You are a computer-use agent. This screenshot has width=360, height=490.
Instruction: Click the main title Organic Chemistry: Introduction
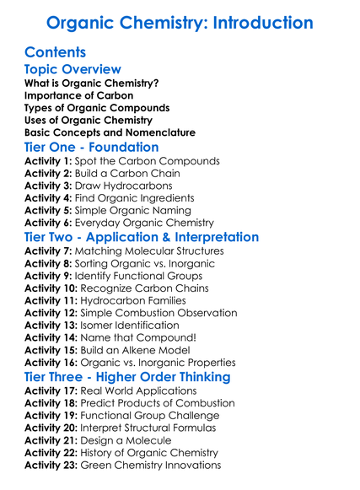tap(180, 22)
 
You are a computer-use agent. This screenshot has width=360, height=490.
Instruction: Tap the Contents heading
tap(56, 52)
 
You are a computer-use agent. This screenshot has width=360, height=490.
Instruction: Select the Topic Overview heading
tap(73, 70)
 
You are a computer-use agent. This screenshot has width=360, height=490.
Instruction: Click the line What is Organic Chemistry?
tap(91, 83)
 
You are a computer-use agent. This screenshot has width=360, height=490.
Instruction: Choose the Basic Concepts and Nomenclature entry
tap(110, 132)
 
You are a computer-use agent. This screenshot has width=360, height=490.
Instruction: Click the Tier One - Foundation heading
tap(92, 148)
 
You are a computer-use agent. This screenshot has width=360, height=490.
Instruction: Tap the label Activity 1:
tap(48, 162)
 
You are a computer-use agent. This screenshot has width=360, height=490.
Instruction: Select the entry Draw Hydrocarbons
tap(123, 186)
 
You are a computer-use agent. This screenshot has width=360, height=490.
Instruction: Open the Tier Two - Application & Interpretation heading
tap(142, 238)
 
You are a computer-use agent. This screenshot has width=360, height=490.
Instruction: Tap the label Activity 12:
tap(51, 313)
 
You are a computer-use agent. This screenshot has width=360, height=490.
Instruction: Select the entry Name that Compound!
tap(130, 337)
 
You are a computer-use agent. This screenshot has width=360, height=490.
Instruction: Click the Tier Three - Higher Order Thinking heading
tap(127, 377)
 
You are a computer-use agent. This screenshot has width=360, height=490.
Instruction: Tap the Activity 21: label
tap(51, 440)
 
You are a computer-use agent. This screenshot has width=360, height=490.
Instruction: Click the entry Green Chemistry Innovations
tap(151, 465)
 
